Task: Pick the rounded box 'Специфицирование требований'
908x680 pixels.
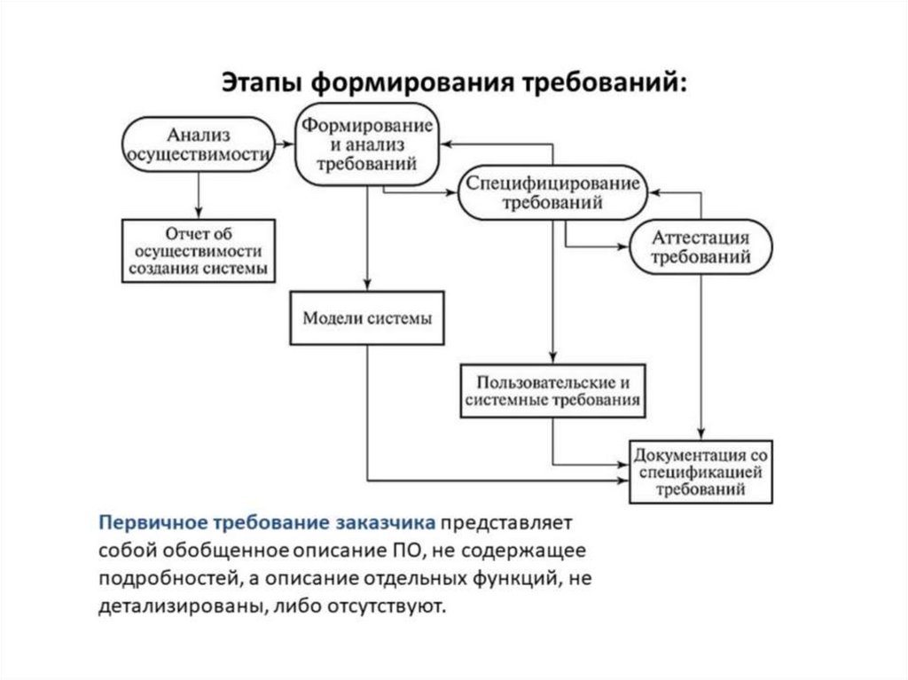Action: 552,192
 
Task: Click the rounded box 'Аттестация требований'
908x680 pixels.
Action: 701,247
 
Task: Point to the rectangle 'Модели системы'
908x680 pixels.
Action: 367,317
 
